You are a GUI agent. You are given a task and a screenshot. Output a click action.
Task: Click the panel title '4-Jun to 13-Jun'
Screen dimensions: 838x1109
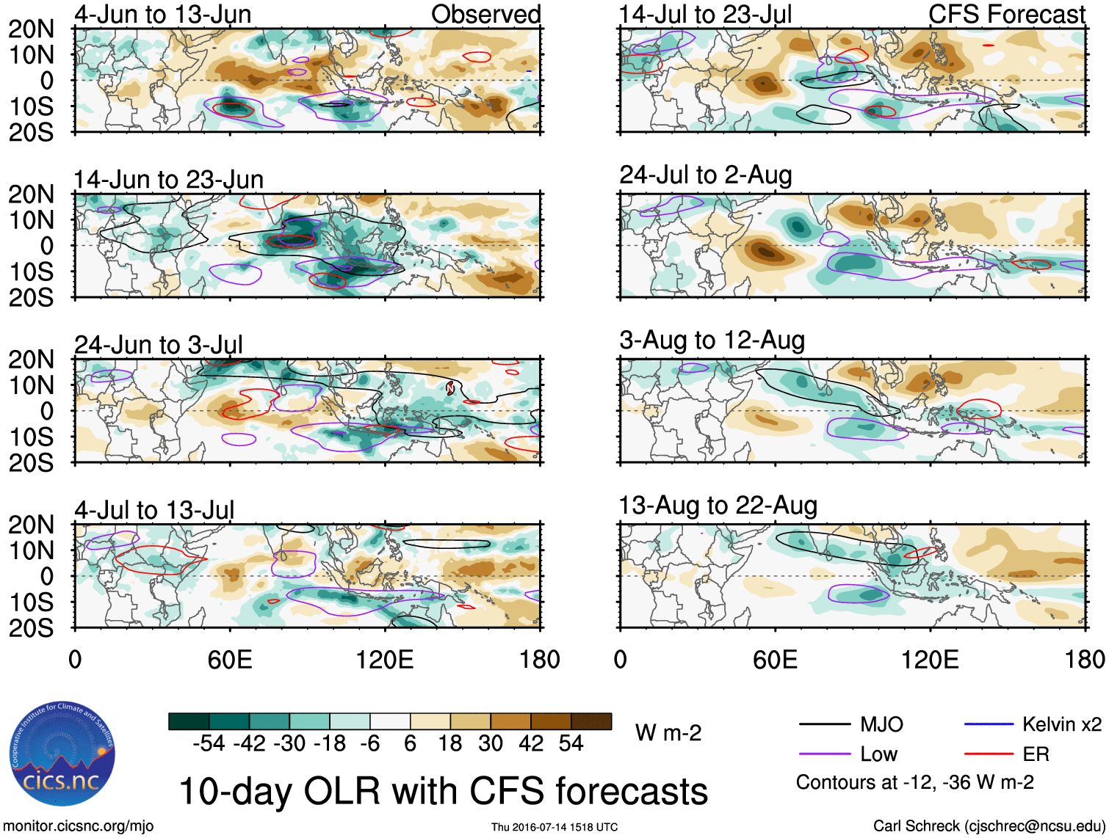(162, 14)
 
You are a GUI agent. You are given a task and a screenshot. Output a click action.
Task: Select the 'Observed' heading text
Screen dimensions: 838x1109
(485, 14)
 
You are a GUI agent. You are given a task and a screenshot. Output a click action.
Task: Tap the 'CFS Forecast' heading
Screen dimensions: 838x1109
(1006, 14)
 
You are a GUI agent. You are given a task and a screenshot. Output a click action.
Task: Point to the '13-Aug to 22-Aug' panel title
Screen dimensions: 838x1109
(718, 506)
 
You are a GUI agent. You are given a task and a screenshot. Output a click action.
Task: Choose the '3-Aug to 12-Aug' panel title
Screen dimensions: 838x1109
(712, 340)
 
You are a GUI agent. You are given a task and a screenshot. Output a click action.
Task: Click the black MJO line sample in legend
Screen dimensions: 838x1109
(824, 725)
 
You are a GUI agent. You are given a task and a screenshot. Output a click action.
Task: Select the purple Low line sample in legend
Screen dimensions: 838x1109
(824, 754)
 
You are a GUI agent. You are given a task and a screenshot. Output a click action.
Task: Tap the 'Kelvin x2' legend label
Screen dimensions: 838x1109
(1061, 725)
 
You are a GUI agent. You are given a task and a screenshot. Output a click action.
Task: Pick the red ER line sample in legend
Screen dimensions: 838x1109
(989, 754)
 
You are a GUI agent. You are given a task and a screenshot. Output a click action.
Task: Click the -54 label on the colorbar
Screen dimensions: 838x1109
(209, 744)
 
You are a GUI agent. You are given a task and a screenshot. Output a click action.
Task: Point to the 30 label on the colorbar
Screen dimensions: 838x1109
(490, 744)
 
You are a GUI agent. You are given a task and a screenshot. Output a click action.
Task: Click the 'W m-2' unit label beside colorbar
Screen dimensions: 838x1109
(668, 732)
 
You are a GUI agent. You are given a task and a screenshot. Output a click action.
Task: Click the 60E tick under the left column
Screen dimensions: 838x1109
(230, 660)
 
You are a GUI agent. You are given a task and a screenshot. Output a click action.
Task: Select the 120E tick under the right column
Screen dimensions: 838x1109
(930, 660)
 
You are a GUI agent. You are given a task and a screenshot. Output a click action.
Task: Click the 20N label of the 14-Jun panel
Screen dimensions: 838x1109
(31, 194)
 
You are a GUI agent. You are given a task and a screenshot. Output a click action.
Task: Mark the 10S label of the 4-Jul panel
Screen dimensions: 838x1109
(31, 602)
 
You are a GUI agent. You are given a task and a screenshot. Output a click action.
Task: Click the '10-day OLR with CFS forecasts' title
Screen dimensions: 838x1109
(443, 791)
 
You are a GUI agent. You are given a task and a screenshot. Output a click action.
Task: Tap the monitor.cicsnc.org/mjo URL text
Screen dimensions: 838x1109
(79, 826)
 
